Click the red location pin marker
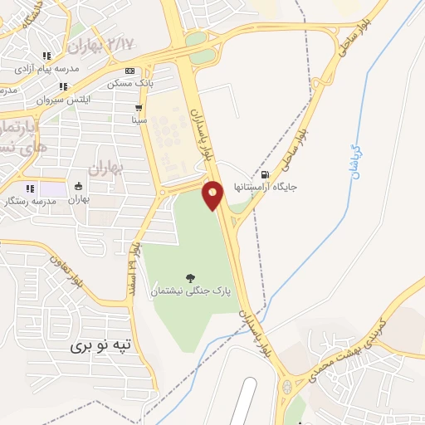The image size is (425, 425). coord(213,194)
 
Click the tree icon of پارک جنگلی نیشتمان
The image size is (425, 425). coord(191,278)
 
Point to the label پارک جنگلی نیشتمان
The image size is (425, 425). coord(191,292)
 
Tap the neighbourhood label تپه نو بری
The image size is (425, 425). coord(100,344)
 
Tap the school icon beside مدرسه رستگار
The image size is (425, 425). coord(31,188)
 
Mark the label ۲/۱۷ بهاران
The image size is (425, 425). coord(100,43)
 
